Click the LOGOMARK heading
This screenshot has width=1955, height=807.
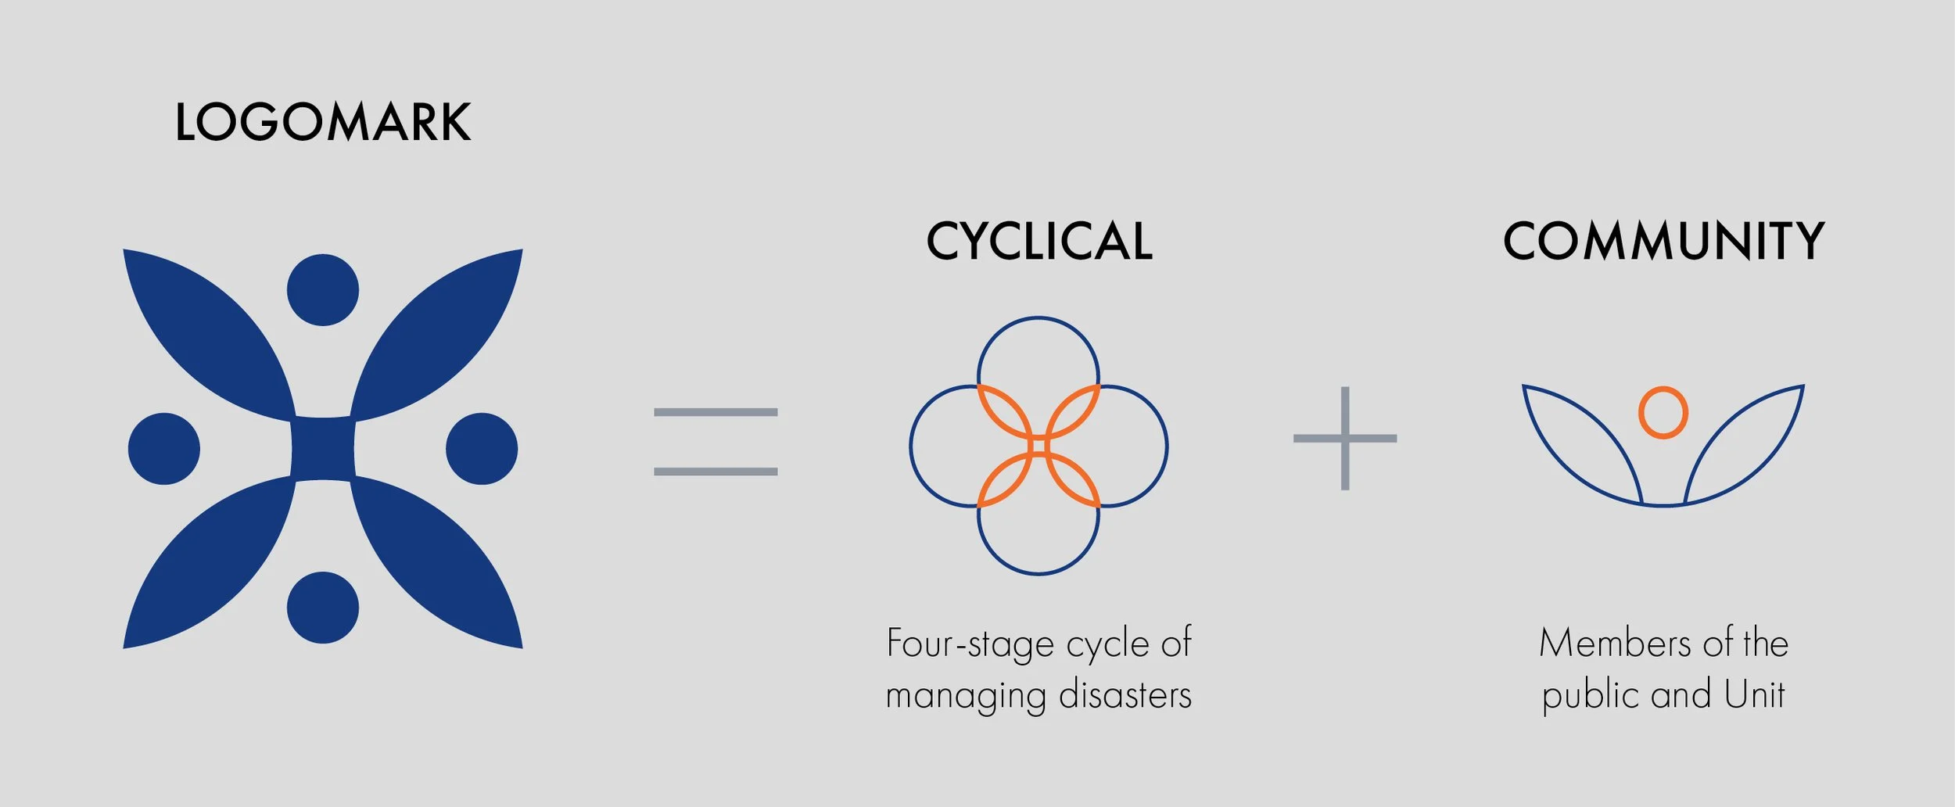coord(322,122)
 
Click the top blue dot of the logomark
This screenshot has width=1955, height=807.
coord(323,290)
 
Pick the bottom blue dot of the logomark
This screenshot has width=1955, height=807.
coord(323,608)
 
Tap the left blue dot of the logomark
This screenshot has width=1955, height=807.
coord(164,449)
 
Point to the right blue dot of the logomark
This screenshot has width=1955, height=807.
coord(482,449)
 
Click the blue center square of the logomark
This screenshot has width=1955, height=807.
coord(323,449)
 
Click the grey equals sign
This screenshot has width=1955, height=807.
coord(716,442)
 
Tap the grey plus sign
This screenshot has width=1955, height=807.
coord(1345,439)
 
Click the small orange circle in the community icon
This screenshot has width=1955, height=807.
coord(1663,412)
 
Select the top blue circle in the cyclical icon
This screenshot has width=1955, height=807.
coord(1038,352)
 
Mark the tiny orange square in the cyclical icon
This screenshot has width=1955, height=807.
coord(1038,447)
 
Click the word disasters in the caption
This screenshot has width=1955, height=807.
coord(1125,695)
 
